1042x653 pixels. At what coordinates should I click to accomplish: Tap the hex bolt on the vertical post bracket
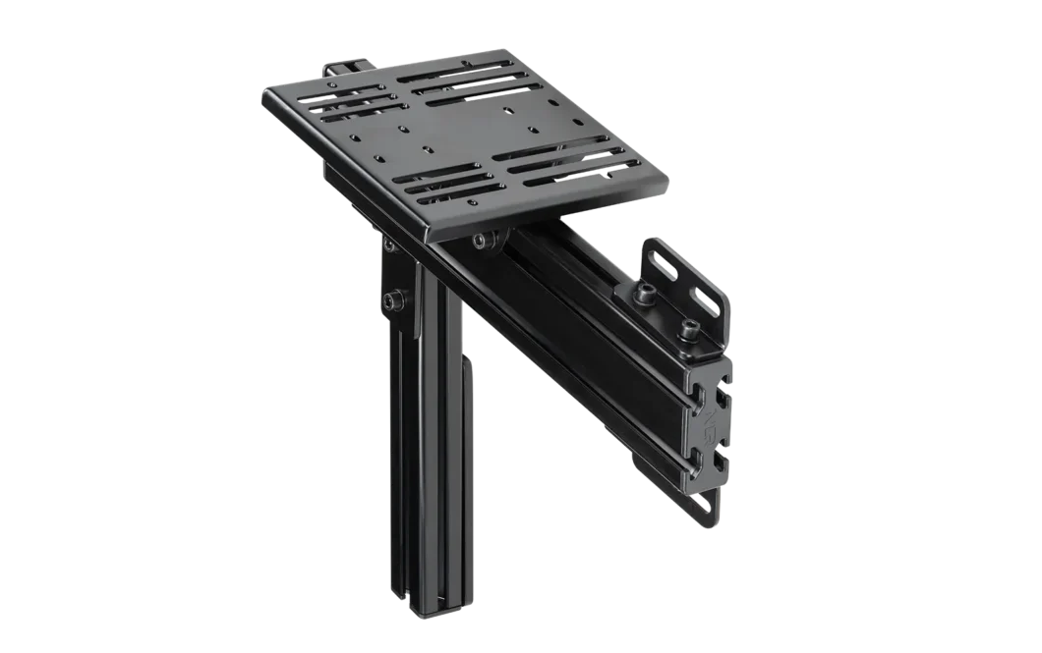point(394,299)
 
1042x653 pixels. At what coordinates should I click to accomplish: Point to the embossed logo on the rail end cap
point(710,424)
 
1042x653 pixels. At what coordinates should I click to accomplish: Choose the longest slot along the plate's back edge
point(463,74)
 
